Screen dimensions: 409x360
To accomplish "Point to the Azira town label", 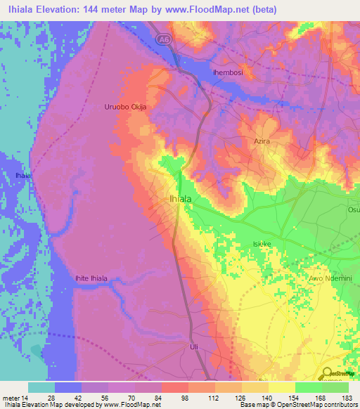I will click(x=262, y=141).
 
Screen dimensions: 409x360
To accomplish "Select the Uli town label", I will click(x=195, y=347).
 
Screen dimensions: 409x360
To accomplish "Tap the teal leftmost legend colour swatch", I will click(x=41, y=387).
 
